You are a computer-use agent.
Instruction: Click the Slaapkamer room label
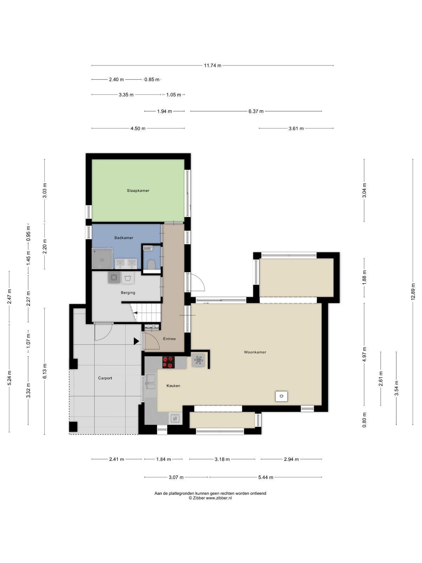click(x=138, y=191)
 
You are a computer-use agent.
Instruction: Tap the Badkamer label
click(x=124, y=238)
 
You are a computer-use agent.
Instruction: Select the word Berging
click(x=128, y=293)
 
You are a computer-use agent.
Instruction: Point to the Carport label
click(x=105, y=378)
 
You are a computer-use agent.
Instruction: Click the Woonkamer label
click(x=255, y=352)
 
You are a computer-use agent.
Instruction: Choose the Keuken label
click(x=173, y=386)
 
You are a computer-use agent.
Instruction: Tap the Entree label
click(x=170, y=339)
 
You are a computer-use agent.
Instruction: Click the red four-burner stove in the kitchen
click(x=168, y=362)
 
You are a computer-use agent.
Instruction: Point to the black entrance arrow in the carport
click(x=136, y=341)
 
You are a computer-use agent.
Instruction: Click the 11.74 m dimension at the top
click(x=212, y=65)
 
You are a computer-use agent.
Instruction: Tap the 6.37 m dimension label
click(x=256, y=111)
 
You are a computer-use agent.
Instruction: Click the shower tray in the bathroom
click(x=102, y=258)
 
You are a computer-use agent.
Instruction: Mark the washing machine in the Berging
click(x=114, y=277)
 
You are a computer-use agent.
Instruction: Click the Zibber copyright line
click(x=210, y=498)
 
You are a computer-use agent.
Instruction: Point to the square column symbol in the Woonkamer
click(x=281, y=396)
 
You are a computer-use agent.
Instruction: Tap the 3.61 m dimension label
click(x=296, y=128)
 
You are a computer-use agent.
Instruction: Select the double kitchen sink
click(x=151, y=382)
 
